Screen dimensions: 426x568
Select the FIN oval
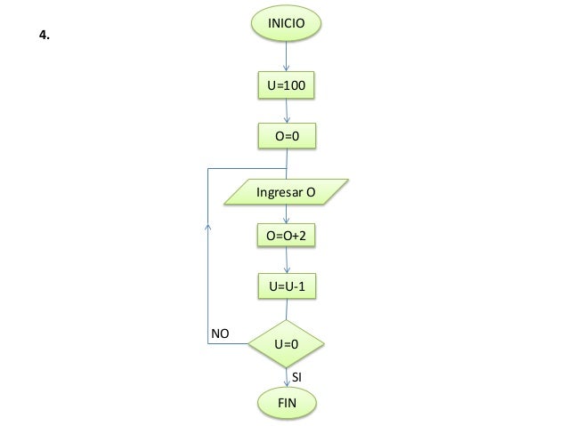[x=286, y=403]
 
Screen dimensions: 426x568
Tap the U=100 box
[x=286, y=86]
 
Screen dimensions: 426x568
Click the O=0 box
[x=286, y=137]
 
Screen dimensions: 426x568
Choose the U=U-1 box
[x=286, y=286]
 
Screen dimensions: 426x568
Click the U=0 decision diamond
[x=286, y=342]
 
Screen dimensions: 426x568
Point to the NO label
[x=219, y=333]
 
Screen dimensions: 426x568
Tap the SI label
[x=298, y=377]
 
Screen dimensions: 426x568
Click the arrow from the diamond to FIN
[x=286, y=377]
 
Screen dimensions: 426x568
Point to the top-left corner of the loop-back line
[x=207, y=168]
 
